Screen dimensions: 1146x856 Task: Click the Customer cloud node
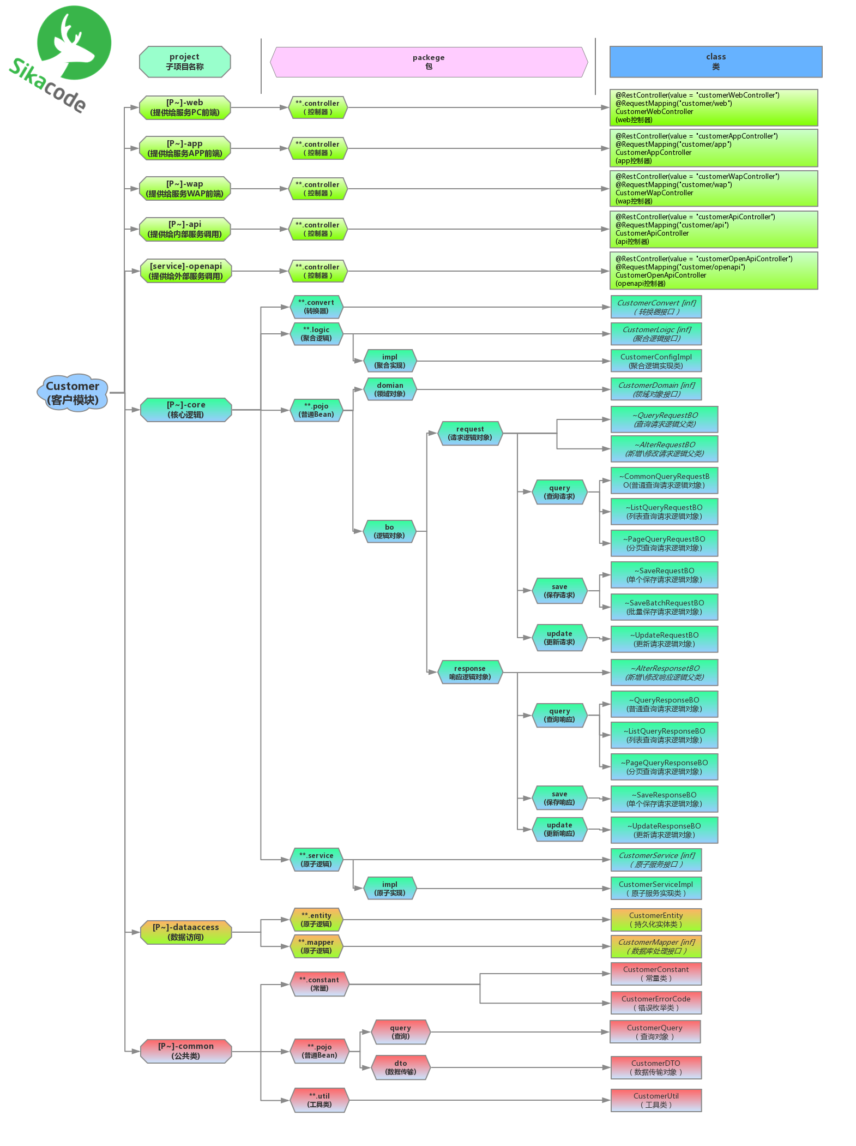73,393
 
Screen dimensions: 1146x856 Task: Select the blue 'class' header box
715,62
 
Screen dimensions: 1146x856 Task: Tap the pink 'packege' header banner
429,62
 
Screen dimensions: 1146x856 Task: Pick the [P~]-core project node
186,410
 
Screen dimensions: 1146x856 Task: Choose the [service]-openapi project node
186,271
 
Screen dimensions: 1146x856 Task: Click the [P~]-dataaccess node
186,932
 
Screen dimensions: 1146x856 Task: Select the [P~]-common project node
186,1051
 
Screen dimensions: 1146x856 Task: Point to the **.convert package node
316,307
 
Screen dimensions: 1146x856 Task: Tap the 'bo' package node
389,531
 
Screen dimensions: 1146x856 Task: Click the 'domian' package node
390,389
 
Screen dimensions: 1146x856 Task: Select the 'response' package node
469,673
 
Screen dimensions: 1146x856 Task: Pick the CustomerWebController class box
714,107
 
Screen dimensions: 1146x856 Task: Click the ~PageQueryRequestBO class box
664,543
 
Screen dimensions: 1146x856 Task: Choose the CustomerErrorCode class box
656,1003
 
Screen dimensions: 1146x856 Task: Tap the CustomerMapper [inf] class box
656,946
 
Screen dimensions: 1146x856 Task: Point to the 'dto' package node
401,1067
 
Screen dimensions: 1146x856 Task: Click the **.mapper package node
316,946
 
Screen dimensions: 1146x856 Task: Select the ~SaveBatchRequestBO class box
664,607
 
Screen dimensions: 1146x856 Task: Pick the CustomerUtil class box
656,1100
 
